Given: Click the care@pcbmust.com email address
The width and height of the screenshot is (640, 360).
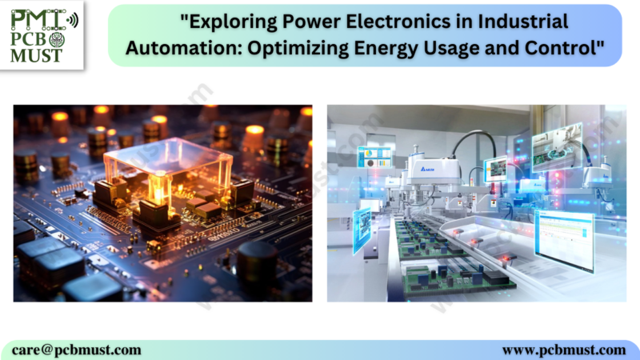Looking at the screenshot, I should pos(77,350).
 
